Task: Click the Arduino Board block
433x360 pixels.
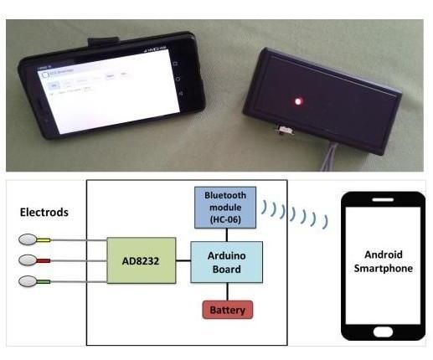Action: click(227, 260)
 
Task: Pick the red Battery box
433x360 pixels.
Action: click(227, 309)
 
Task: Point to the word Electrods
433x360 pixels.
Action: click(44, 213)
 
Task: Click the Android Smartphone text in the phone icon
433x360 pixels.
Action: click(383, 261)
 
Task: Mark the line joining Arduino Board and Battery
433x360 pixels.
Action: click(227, 291)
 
